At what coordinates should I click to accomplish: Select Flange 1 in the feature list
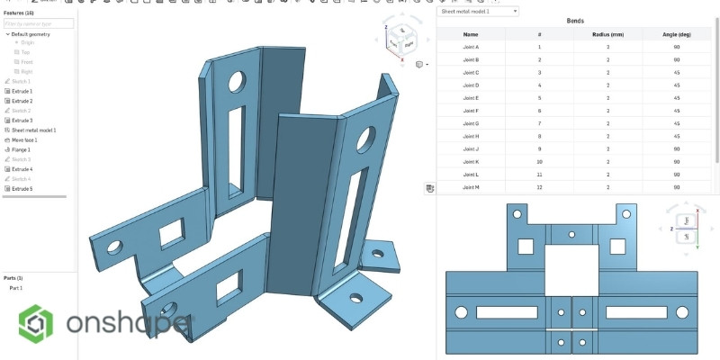click(x=22, y=149)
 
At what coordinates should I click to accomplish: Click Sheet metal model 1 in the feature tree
click(x=33, y=130)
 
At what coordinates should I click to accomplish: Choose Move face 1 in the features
click(x=24, y=139)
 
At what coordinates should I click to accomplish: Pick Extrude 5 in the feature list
click(x=22, y=189)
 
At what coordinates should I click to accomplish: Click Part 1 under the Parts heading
click(x=16, y=288)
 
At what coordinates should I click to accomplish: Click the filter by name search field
click(x=40, y=23)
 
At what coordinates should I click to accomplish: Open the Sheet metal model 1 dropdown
click(x=478, y=11)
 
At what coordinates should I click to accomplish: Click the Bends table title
click(x=576, y=21)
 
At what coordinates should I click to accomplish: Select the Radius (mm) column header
click(x=607, y=33)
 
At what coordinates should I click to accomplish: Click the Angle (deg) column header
click(x=676, y=33)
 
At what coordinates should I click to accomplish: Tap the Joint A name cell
click(x=471, y=46)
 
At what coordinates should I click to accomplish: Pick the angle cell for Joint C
click(x=676, y=71)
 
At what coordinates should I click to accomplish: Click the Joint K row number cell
click(x=539, y=160)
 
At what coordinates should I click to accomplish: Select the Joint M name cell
click(x=471, y=186)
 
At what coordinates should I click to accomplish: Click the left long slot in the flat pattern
click(x=506, y=312)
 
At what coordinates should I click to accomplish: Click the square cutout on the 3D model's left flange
click(x=170, y=236)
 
